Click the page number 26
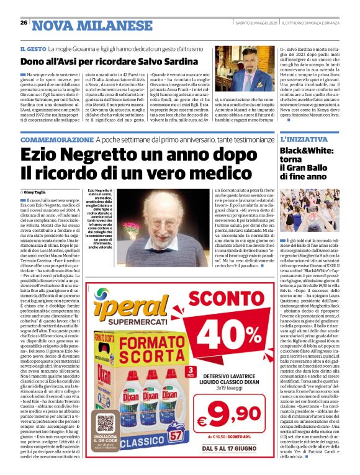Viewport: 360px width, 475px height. (24, 24)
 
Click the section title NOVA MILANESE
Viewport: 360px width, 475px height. (83, 25)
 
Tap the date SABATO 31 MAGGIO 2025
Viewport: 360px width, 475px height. (252, 24)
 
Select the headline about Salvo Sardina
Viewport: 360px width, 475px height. (100, 61)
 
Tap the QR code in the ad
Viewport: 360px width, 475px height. (106, 425)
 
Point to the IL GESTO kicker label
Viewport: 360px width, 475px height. (34, 48)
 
